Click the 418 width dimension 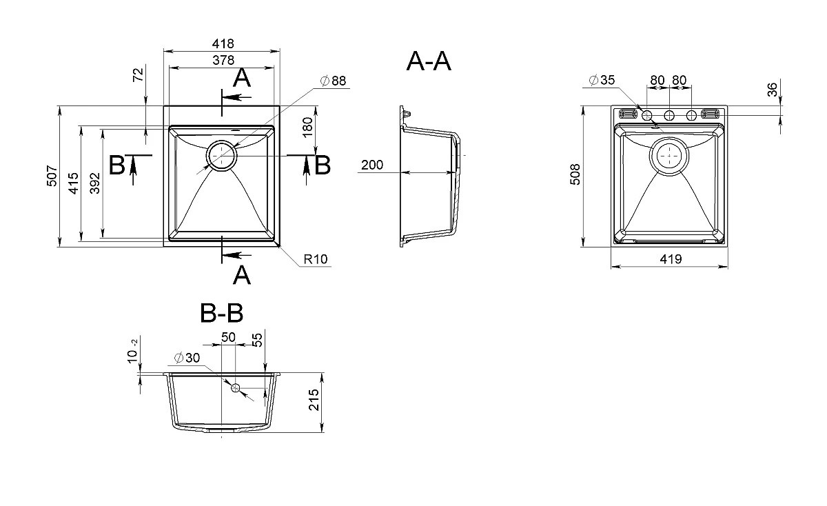pyautogui.click(x=223, y=44)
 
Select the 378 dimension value pyautogui.click(x=223, y=60)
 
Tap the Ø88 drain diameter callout pyautogui.click(x=333, y=81)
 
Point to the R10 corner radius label pyautogui.click(x=316, y=259)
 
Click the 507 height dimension pyautogui.click(x=52, y=176)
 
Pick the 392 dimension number pyautogui.click(x=95, y=183)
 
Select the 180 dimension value pyautogui.click(x=307, y=128)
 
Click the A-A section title pyautogui.click(x=429, y=61)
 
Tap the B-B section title pyautogui.click(x=221, y=313)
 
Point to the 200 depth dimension pyautogui.click(x=372, y=165)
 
